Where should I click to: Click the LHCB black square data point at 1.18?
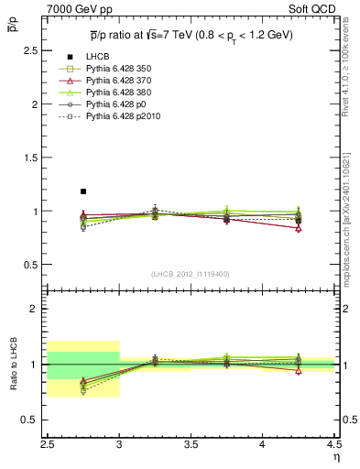point(83,191)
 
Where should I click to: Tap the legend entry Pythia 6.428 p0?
point(109,104)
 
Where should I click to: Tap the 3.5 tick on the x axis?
point(191,448)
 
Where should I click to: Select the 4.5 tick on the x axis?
point(333,448)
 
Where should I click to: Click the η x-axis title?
point(336,459)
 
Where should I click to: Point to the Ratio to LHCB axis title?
point(12,364)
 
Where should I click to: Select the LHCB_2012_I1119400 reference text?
point(191,274)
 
